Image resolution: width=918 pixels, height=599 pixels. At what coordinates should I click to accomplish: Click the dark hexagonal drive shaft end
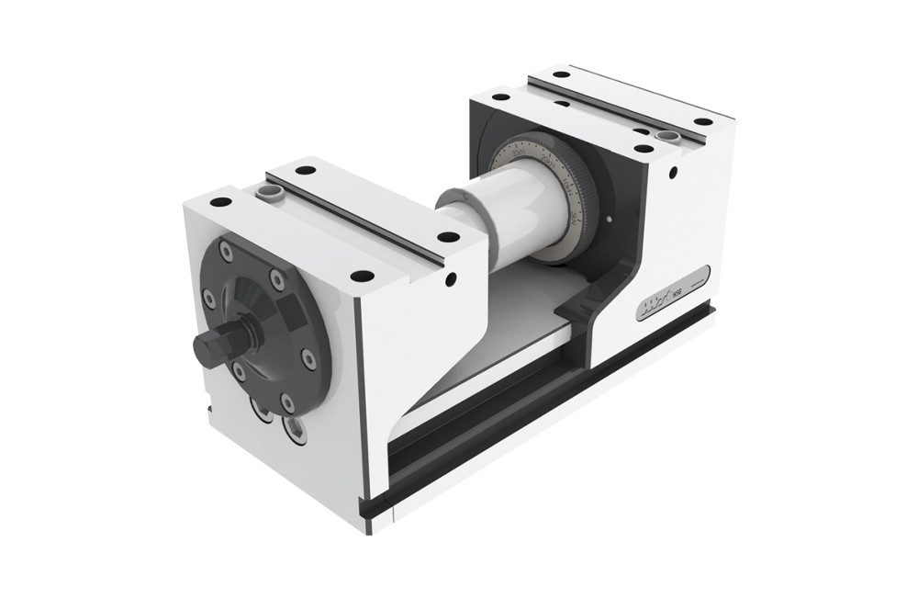(x=212, y=346)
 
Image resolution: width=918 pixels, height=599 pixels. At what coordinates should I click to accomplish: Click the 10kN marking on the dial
(x=567, y=188)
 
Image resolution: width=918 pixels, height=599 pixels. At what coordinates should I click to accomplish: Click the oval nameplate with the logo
(x=673, y=293)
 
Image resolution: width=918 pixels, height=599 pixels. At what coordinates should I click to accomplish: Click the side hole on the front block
(x=450, y=278)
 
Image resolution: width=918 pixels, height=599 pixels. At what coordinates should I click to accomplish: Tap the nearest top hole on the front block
(x=363, y=276)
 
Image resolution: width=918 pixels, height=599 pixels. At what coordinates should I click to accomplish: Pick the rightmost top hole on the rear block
(x=702, y=121)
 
